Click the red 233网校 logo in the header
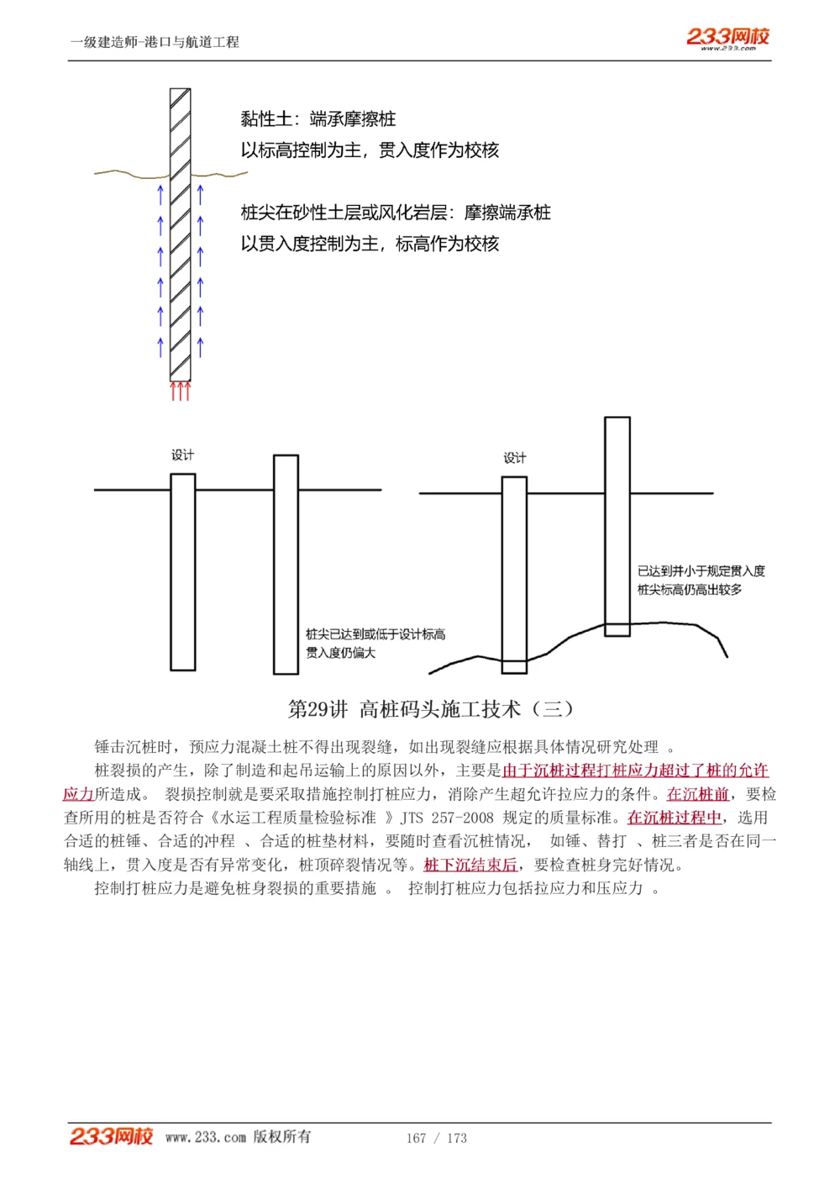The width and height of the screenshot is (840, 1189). [727, 37]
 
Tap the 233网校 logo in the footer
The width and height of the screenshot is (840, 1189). [111, 1136]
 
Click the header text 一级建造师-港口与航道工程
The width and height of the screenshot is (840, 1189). [155, 42]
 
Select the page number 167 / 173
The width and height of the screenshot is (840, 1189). [436, 1138]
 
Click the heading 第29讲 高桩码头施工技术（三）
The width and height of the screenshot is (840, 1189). [431, 709]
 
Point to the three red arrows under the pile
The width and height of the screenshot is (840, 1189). [181, 391]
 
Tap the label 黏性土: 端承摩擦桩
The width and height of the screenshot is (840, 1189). [318, 119]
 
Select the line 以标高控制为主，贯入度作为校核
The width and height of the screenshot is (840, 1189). [370, 150]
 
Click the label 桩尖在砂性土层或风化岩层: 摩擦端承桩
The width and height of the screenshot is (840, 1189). [396, 213]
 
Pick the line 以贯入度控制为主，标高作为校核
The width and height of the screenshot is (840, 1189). [370, 244]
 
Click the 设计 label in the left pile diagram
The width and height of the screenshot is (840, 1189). [182, 455]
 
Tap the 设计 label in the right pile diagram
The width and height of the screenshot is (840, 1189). [514, 458]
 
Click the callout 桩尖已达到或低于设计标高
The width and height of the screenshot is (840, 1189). [375, 634]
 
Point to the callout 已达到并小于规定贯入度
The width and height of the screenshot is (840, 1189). [701, 571]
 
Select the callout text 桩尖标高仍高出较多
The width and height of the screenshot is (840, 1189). [690, 590]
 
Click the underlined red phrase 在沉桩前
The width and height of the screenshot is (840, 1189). [697, 794]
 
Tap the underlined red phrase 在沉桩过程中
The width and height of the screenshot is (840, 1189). [675, 818]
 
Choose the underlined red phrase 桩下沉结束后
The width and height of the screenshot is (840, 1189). [470, 865]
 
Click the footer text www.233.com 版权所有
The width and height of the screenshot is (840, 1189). [238, 1137]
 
